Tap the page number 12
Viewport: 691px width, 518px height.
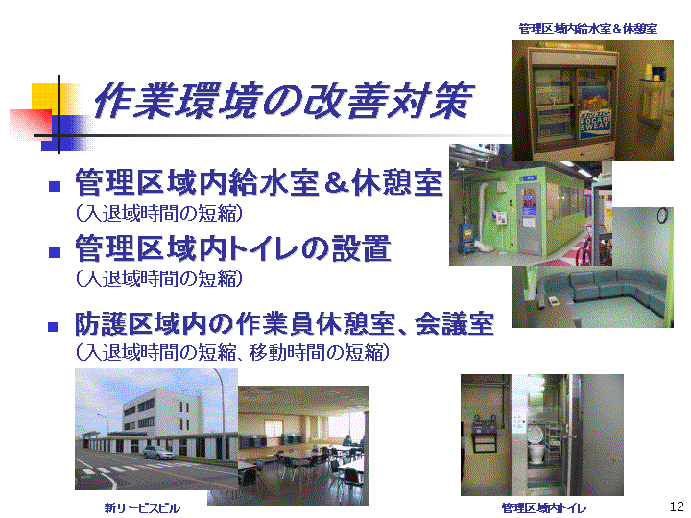click(677, 506)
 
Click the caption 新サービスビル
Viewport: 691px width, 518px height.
click(142, 508)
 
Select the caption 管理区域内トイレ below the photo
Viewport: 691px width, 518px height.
click(544, 508)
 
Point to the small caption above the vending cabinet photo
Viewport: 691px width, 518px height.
click(588, 29)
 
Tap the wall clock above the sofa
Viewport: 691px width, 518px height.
click(662, 215)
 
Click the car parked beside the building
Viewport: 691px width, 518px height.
click(157, 452)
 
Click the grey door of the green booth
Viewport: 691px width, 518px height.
click(528, 220)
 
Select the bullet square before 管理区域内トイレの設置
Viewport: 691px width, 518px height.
click(54, 252)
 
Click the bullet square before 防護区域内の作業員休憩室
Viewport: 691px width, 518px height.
click(53, 327)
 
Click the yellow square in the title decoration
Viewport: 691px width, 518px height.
click(45, 96)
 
